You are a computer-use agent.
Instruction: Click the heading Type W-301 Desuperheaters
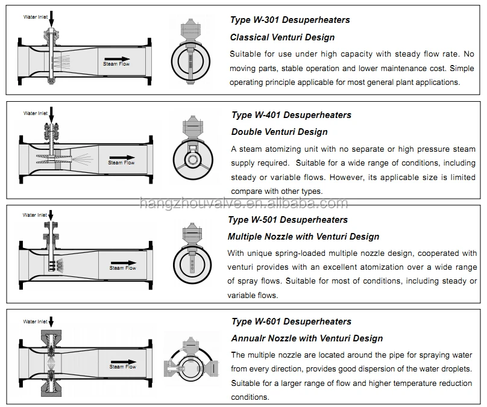tap(290, 20)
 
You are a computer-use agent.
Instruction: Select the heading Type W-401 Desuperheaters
tap(291, 115)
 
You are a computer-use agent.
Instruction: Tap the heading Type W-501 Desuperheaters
tap(287, 220)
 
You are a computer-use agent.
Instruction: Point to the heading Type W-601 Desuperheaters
tap(291, 322)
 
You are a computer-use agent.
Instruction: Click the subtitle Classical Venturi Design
tap(283, 37)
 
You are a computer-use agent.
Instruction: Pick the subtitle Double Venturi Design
tap(280, 132)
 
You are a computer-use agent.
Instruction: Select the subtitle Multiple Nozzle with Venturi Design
tap(303, 237)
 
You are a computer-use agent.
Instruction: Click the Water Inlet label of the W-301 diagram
tap(35, 17)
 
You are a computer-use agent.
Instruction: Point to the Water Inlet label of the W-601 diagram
tap(35, 322)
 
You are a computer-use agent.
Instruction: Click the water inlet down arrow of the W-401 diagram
tap(51, 114)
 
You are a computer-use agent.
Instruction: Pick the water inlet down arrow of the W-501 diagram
tap(51, 216)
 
